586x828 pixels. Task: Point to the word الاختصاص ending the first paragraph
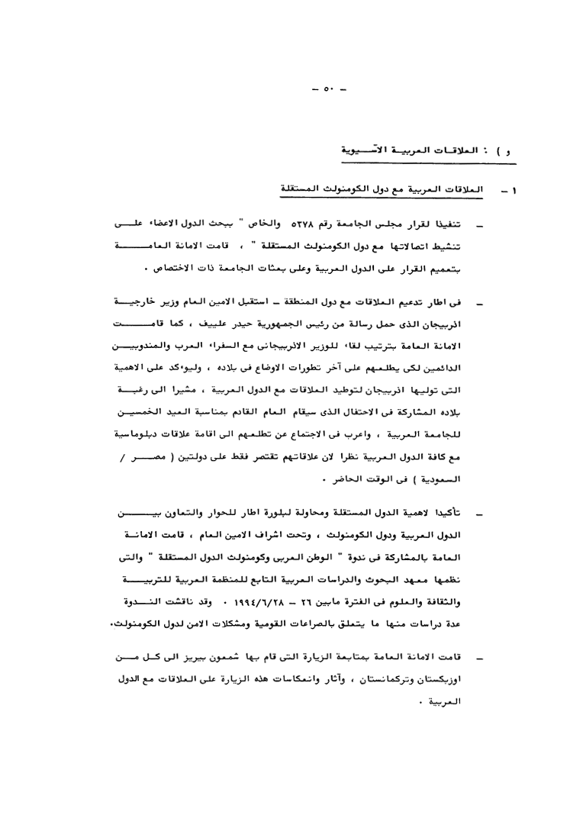182,269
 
